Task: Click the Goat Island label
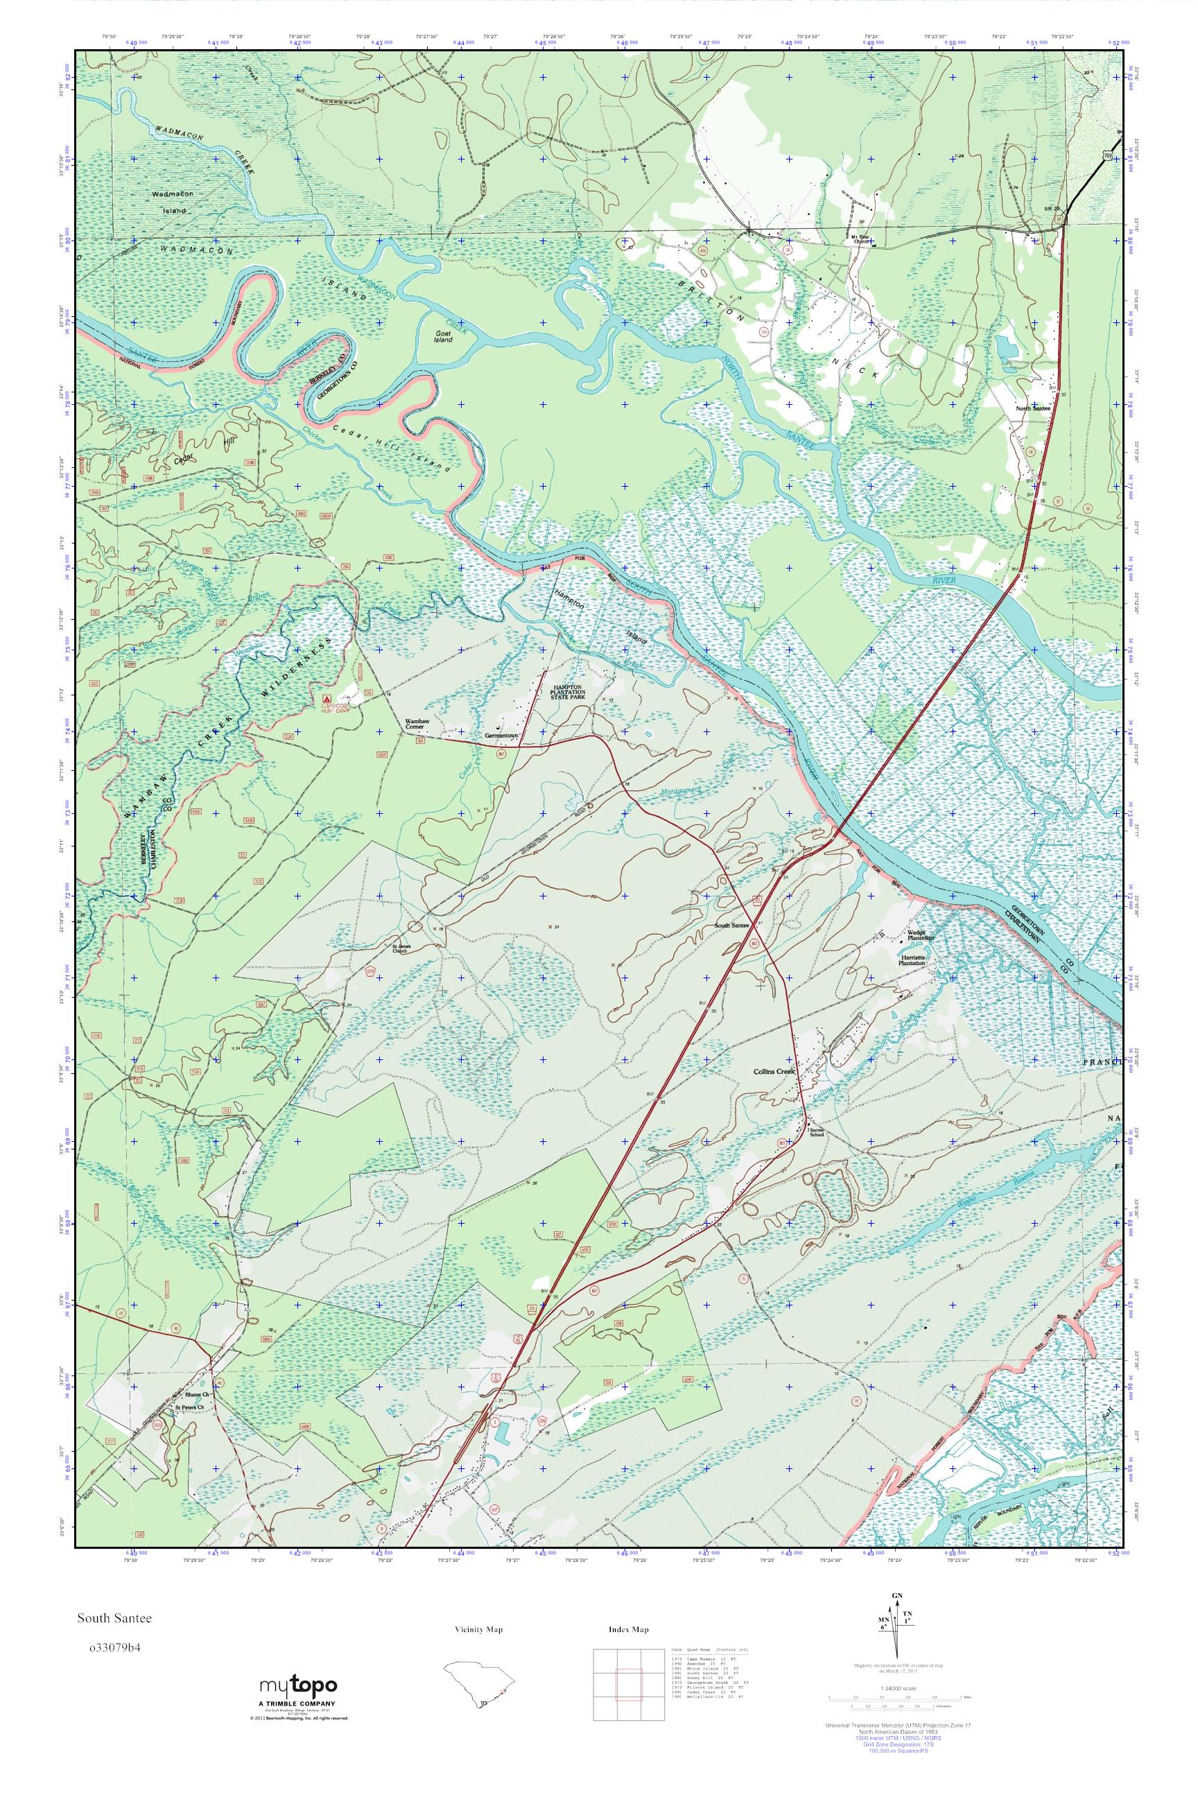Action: tap(442, 336)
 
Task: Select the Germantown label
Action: tap(502, 736)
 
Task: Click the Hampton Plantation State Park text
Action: tap(579, 691)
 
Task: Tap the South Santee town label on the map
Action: tap(731, 926)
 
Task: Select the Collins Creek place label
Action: tap(773, 1071)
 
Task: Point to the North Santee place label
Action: tap(1033, 408)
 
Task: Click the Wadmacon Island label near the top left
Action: tap(173, 202)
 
